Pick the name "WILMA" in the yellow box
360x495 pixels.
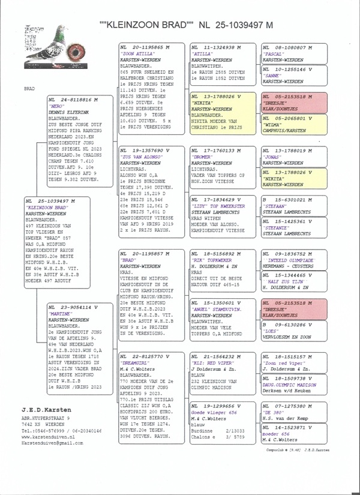(x=274, y=124)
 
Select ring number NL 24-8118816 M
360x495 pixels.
(x=74, y=98)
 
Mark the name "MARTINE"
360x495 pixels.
(x=61, y=314)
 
